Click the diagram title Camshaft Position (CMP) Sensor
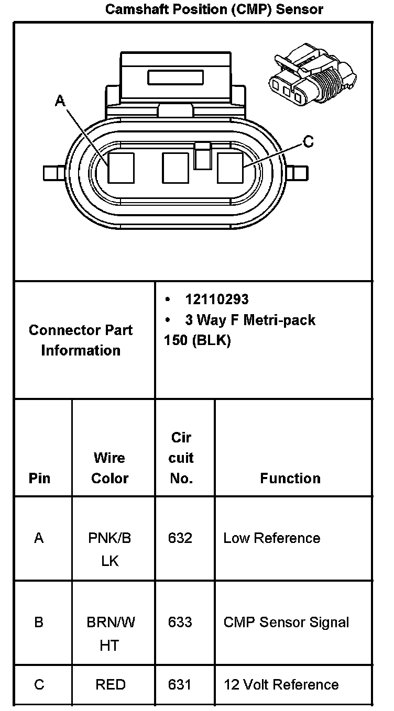[214, 9]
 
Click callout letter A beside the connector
[60, 101]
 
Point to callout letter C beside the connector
[309, 141]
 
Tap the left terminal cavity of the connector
[121, 168]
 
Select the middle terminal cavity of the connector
[176, 168]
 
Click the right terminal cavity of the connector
[230, 168]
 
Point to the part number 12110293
[217, 299]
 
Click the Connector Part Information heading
[81, 340]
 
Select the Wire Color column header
[110, 468]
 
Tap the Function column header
[290, 478]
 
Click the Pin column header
[40, 478]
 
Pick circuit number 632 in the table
[180, 538]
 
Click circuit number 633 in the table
[180, 622]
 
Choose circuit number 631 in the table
[180, 684]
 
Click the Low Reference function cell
[271, 538]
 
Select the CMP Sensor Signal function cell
[286, 622]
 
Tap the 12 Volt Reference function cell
[281, 684]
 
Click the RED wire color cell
[110, 684]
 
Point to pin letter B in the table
[39, 622]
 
